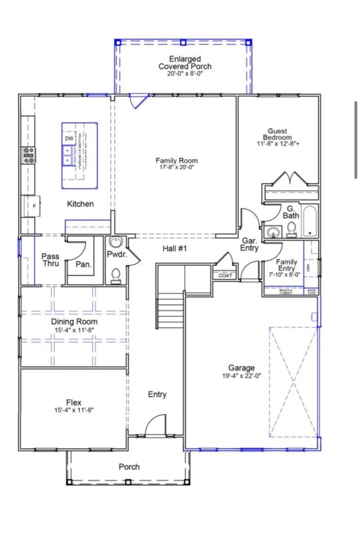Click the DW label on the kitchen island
69,139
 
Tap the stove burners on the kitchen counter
29,155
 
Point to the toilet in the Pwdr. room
116,274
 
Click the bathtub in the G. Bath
310,222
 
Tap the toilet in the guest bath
291,230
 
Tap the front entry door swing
155,425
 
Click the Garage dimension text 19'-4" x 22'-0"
241,376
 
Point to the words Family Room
177,161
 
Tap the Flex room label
73,402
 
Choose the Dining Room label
73,322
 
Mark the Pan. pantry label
84,265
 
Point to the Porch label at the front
129,466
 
